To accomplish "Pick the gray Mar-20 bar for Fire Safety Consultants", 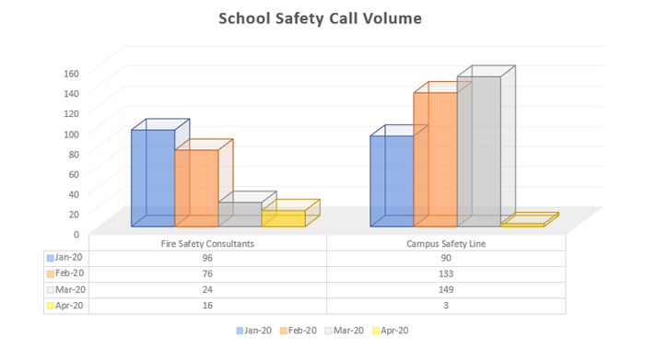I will (240, 214).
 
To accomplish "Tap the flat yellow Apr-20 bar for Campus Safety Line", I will (522, 222).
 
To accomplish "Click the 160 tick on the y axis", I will (71, 73).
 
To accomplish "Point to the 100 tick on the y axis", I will (71, 134).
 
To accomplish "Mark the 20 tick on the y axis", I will (73, 214).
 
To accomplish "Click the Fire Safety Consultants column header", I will (207, 243).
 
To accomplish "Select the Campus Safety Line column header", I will (445, 243).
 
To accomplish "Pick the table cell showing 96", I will (207, 258).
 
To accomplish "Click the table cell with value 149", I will (445, 289).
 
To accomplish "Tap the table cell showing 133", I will (445, 273).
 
